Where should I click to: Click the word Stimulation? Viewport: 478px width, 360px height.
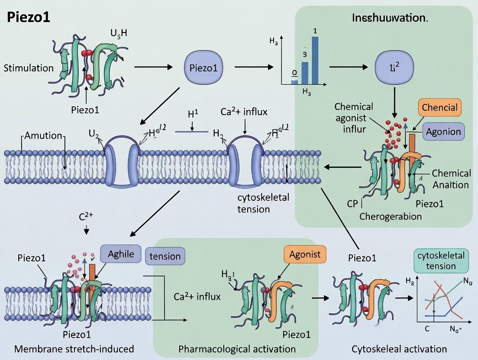[x=29, y=68]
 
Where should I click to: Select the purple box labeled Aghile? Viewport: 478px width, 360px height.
[x=120, y=254]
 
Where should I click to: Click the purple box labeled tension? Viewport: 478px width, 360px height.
[x=165, y=256]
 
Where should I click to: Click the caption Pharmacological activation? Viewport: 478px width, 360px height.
[x=237, y=349]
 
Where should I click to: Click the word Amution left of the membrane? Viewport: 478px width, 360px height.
[x=43, y=135]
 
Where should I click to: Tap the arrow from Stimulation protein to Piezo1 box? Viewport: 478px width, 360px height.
[x=153, y=67]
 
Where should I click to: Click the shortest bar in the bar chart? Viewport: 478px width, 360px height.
[x=294, y=80]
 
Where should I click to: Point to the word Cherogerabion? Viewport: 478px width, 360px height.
[x=391, y=216]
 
